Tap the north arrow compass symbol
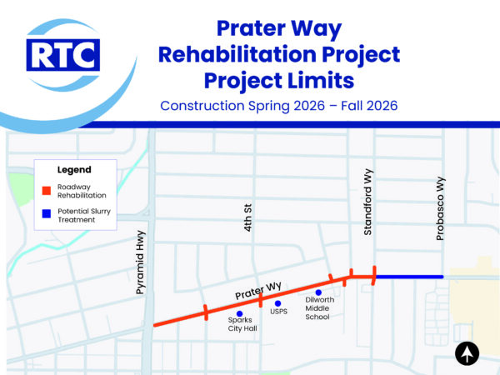click(467, 353)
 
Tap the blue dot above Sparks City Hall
click(240, 313)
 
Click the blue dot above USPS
click(278, 303)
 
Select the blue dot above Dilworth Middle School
click(318, 292)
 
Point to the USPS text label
click(278, 313)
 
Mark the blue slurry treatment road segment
click(408, 277)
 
